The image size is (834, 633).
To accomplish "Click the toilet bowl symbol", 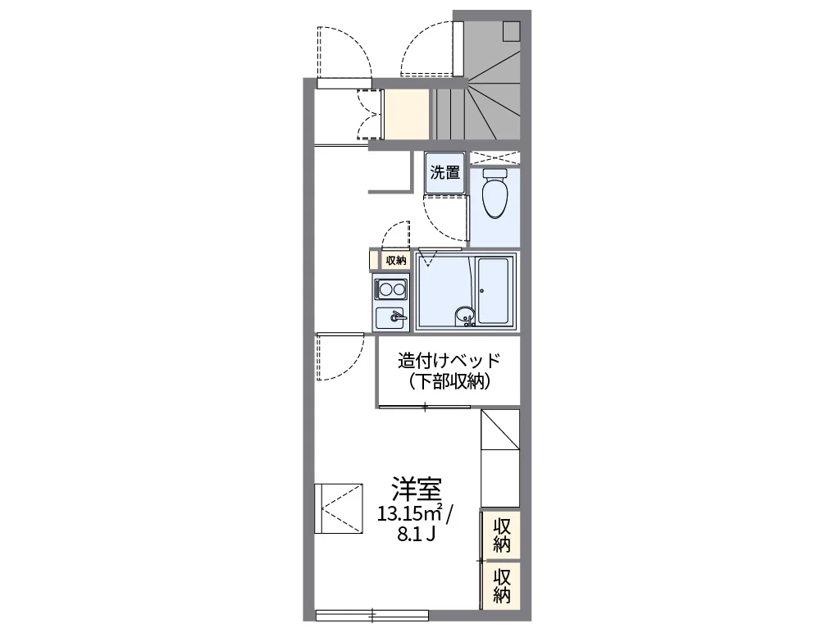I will (494, 195).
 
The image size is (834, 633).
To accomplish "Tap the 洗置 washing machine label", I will (445, 173).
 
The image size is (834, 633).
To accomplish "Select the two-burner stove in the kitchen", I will (391, 289).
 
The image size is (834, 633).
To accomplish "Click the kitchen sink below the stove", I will (391, 316).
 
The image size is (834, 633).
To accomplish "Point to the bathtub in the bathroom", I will (495, 291).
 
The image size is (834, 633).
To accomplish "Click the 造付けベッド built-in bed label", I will (448, 361).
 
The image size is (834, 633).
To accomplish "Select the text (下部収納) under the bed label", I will (449, 381).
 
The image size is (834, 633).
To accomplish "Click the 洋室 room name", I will (416, 490).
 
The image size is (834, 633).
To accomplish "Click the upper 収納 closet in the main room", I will (502, 535).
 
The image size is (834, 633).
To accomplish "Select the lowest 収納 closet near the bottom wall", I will (502, 585).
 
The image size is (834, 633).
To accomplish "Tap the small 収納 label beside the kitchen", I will (395, 261).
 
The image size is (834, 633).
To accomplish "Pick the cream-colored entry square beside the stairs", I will (407, 113).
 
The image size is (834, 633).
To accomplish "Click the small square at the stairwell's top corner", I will (512, 30).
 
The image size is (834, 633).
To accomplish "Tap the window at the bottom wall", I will (371, 613).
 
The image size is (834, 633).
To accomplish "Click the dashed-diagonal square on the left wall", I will (339, 508).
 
